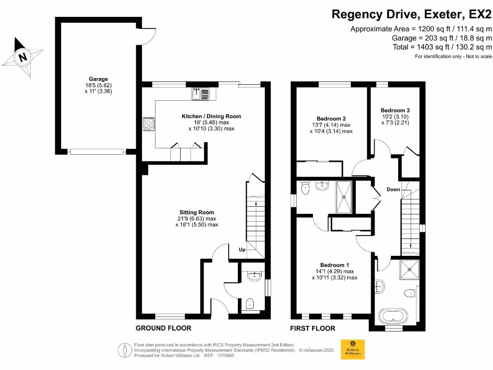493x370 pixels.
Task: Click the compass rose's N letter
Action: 23,57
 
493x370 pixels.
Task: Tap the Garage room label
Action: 98,79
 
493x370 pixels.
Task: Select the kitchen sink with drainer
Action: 200,94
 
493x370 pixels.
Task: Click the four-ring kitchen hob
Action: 148,124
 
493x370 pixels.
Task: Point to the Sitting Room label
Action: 197,212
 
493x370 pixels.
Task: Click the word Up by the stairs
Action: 242,250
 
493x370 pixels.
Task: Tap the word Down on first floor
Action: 393,189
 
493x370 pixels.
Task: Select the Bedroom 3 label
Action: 395,110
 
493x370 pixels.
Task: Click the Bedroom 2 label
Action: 331,119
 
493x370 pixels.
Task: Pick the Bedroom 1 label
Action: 335,265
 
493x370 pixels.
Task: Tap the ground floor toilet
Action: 250,304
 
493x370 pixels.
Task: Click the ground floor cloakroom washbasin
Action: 254,276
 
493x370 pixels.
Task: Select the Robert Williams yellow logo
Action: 353,349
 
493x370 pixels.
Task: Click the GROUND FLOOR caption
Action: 164,328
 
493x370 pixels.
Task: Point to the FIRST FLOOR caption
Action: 312,329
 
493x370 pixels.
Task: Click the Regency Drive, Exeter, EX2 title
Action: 412,14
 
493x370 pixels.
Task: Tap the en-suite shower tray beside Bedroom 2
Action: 344,197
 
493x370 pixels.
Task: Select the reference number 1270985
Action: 224,356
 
